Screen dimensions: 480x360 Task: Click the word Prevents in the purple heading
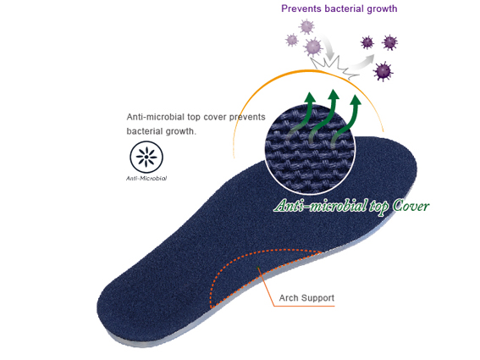pos(301,8)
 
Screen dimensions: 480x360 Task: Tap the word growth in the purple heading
pos(382,9)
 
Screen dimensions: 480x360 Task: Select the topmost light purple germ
pos(306,26)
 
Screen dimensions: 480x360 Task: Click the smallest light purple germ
pos(292,40)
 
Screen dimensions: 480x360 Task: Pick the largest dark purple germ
pos(383,71)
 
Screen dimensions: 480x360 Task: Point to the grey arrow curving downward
pos(326,46)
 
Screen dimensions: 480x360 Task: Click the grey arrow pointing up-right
pos(364,62)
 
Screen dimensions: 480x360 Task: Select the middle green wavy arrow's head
pos(333,94)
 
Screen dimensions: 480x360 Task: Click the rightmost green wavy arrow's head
pos(356,100)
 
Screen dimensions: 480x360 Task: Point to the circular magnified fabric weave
pos(310,149)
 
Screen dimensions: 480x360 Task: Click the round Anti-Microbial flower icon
pos(146,157)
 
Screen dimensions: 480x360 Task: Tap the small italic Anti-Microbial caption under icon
pos(146,179)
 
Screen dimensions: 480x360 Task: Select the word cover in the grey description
pos(215,117)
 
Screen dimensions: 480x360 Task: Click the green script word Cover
pos(411,206)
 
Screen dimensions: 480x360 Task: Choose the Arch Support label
pos(306,298)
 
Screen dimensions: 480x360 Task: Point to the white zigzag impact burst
pos(335,67)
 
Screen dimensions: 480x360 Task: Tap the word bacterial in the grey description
pos(145,131)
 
